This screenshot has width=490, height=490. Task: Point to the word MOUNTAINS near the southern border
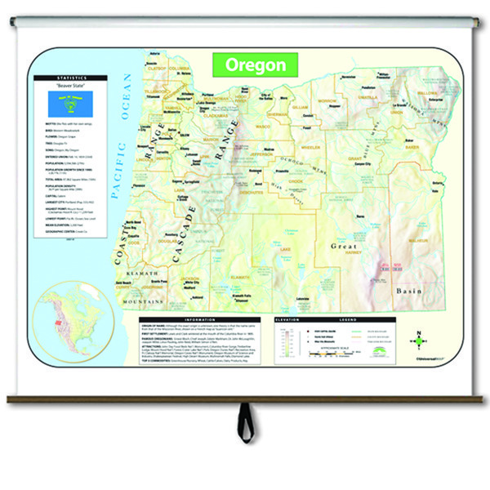[x=145, y=301]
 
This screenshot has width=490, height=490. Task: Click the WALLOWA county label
[x=428, y=93]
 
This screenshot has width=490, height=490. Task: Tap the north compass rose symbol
[x=418, y=338]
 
